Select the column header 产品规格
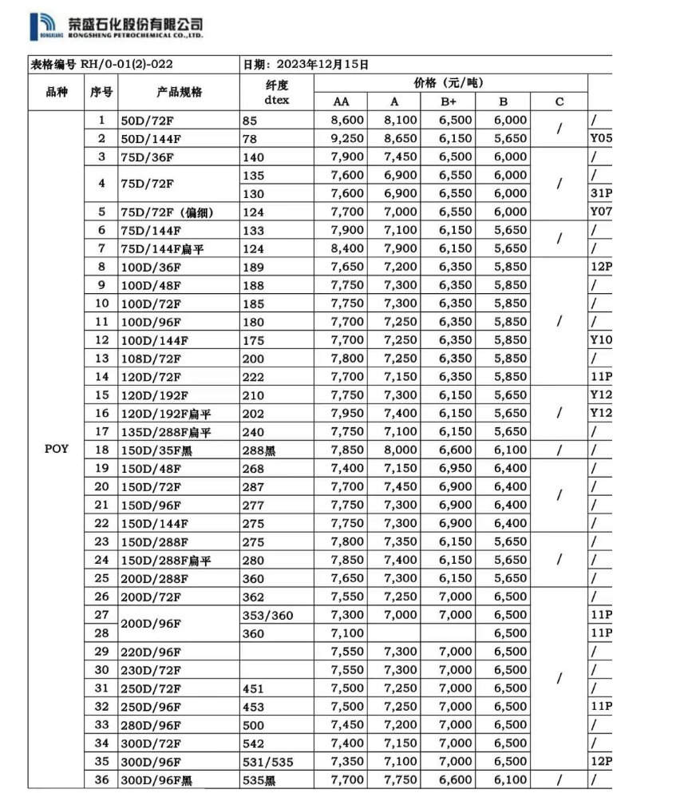point(180,92)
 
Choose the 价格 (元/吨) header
point(449,82)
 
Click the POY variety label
point(57,449)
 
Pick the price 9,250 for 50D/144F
point(347,138)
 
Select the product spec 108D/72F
point(151,359)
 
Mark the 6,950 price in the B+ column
point(455,469)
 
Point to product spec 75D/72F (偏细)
point(168,212)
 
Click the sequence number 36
point(101,780)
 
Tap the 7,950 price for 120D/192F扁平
point(347,413)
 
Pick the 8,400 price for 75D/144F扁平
point(347,248)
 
